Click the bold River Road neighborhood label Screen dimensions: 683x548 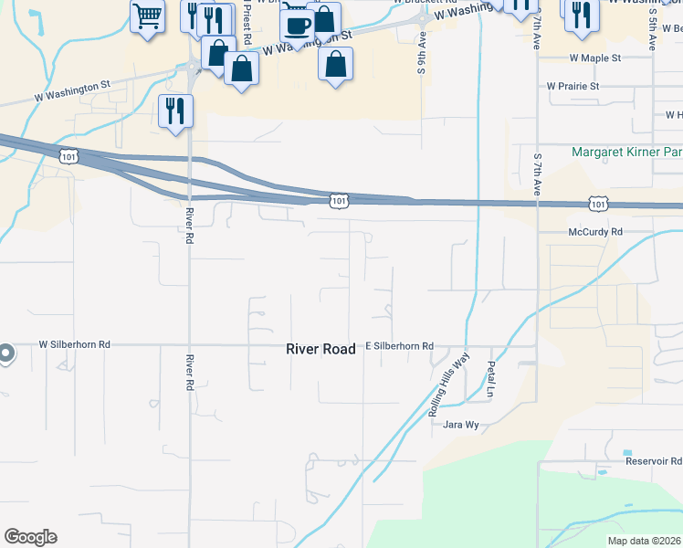(320, 349)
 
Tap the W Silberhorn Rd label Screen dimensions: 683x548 (74, 344)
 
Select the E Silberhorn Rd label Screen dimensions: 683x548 (399, 346)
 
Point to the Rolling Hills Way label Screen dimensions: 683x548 (448, 384)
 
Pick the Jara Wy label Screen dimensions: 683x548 (460, 425)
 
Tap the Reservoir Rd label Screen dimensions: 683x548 (654, 461)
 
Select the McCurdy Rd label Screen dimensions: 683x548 (594, 232)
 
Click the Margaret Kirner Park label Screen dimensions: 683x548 (627, 153)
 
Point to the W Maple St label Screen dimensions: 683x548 (594, 58)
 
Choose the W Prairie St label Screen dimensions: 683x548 (573, 86)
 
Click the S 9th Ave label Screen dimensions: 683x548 (423, 55)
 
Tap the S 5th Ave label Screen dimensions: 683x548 (654, 26)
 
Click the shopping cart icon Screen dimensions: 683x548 (147, 16)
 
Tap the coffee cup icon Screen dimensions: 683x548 (297, 25)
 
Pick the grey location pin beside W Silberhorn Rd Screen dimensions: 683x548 (5, 353)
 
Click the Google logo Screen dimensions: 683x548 (30, 537)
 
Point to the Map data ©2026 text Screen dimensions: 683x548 (644, 541)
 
